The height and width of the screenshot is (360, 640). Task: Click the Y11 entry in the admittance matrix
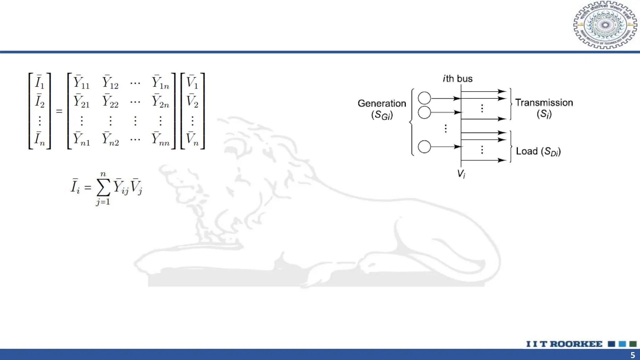click(81, 82)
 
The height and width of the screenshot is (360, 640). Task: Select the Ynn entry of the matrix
click(160, 139)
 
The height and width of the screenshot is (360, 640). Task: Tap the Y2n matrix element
click(160, 102)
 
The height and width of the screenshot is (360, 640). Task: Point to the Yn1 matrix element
click(81, 139)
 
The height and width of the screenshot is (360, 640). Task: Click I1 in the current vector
click(39, 82)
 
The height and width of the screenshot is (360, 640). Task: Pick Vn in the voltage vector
click(192, 139)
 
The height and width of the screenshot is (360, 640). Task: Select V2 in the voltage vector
click(192, 102)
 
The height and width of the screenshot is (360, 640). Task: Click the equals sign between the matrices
click(59, 111)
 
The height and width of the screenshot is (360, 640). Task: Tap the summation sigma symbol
click(103, 187)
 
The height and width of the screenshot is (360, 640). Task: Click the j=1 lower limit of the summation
click(103, 202)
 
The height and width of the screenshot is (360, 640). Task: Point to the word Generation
click(382, 103)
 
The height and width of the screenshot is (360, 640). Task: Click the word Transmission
click(544, 103)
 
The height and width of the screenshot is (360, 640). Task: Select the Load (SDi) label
click(538, 152)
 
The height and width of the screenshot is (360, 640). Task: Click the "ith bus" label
click(457, 79)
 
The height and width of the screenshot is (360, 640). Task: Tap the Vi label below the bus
click(461, 174)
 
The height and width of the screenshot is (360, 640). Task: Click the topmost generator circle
click(424, 98)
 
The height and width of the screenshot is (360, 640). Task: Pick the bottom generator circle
click(424, 147)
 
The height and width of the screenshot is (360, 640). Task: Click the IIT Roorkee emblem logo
click(605, 25)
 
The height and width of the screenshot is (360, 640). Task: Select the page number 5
click(632, 355)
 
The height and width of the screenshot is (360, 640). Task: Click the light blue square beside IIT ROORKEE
click(622, 344)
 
